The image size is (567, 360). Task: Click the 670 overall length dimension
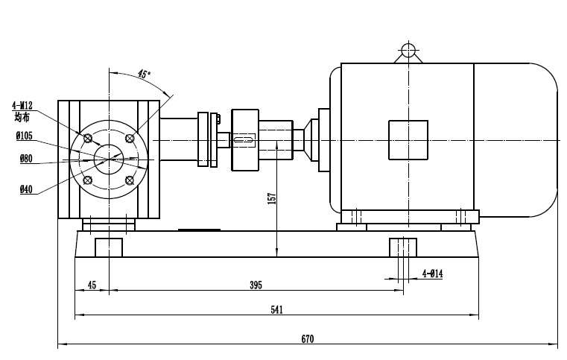click(x=307, y=338)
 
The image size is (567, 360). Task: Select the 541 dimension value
click(x=277, y=309)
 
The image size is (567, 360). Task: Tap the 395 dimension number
click(x=256, y=285)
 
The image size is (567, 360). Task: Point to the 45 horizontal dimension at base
click(x=92, y=285)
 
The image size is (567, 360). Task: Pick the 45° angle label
click(x=144, y=75)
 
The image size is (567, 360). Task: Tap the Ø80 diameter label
click(x=26, y=158)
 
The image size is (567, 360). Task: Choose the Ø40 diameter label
click(x=26, y=190)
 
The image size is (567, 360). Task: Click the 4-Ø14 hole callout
click(x=432, y=274)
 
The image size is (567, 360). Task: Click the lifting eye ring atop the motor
click(x=408, y=51)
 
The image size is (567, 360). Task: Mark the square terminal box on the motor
click(x=408, y=140)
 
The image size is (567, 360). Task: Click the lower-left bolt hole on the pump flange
click(x=89, y=180)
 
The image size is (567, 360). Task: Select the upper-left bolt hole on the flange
click(x=89, y=138)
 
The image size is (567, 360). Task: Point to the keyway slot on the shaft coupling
click(x=244, y=139)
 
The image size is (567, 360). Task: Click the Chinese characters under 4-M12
click(x=22, y=116)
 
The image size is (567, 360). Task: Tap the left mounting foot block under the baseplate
click(x=109, y=247)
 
